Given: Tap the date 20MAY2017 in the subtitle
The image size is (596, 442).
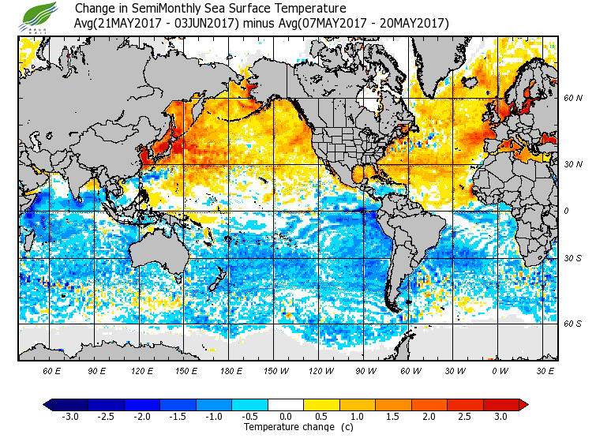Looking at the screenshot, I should pos(414,24).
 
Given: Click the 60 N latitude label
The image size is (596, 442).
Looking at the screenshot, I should pos(572,99).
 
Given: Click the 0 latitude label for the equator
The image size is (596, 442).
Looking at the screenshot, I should pos(566,212).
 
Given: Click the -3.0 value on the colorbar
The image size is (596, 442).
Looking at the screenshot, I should pos(70,417).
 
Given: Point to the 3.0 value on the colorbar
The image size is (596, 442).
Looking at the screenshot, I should pos(500,417).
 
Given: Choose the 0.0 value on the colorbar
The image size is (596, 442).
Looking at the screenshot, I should pos(286,417).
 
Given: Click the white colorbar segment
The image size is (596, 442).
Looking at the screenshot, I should pos(286,405).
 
